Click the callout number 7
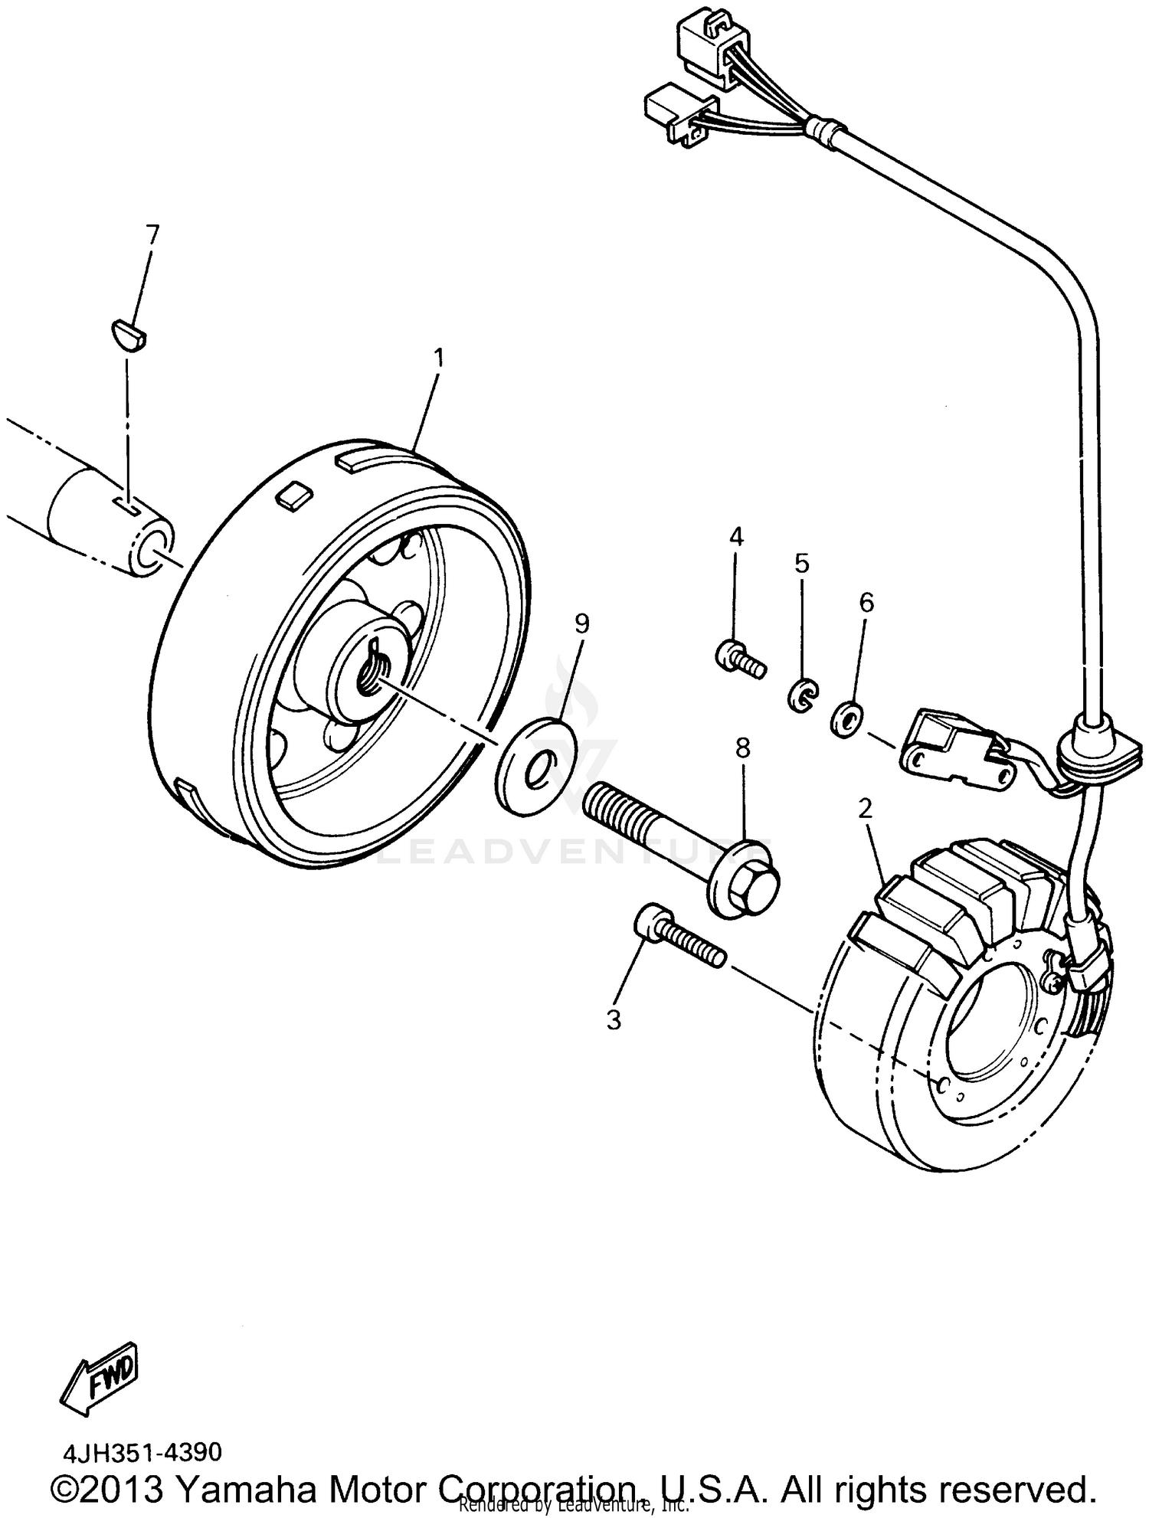tap(152, 234)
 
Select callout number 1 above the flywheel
tap(439, 357)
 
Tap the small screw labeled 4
tap(739, 657)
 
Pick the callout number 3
tap(614, 1019)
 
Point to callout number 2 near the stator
tap(865, 808)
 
